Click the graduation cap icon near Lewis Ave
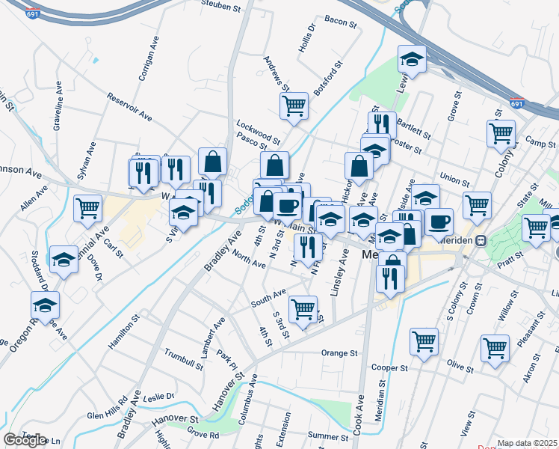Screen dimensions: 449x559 click(x=410, y=59)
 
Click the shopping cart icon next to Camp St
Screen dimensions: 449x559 click(x=501, y=133)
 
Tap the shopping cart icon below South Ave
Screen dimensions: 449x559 click(x=303, y=308)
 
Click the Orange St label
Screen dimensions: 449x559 click(x=335, y=353)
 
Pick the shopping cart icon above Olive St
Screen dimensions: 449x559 click(x=495, y=347)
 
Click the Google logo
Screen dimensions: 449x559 click(x=25, y=439)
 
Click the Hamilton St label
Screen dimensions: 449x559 click(x=124, y=331)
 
